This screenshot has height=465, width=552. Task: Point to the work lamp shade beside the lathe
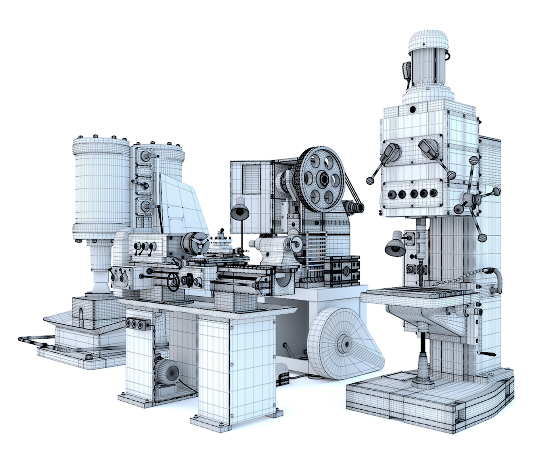pos(239,211)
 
